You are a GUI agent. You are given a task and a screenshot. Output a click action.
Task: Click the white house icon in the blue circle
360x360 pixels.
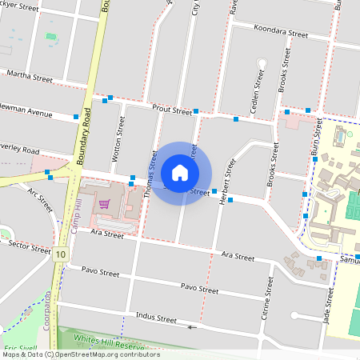click(180, 173)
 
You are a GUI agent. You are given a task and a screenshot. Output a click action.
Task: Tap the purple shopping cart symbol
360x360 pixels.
click(104, 205)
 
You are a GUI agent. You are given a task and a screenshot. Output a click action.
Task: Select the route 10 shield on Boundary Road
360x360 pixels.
click(61, 254)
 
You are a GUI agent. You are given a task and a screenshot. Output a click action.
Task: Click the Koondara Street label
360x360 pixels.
click(280, 35)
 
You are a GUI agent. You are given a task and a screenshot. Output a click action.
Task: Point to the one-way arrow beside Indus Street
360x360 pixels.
click(190, 326)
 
